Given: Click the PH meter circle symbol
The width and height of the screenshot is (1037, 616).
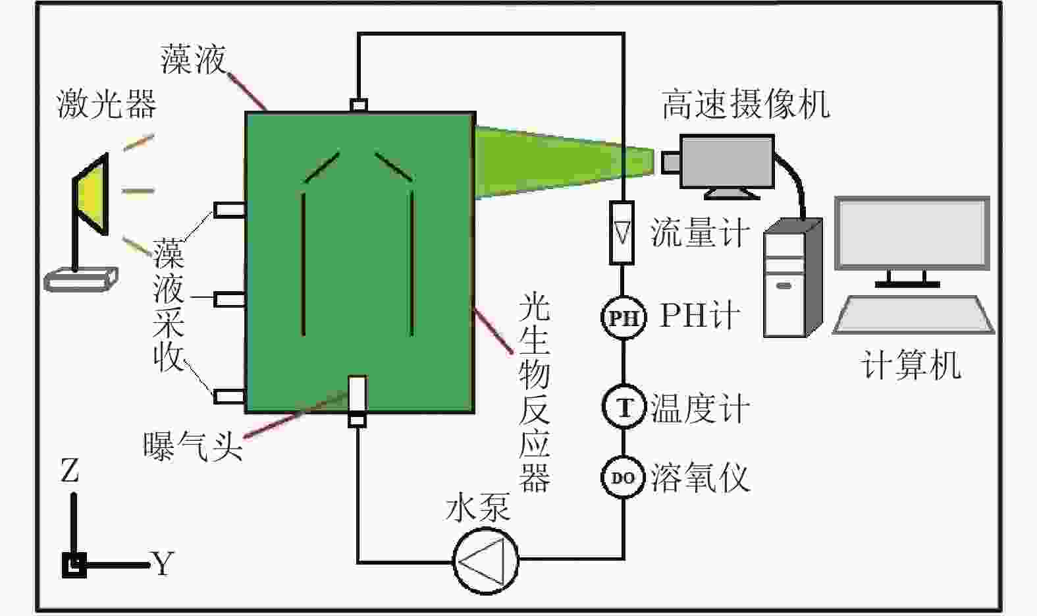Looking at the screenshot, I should (622, 318).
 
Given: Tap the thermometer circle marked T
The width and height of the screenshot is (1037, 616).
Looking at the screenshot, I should (623, 407).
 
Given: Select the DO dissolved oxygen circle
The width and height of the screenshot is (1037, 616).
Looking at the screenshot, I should (622, 478).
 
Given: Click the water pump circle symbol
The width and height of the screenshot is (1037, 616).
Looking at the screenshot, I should (486, 561).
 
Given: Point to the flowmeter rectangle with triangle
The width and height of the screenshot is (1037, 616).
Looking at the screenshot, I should (622, 233).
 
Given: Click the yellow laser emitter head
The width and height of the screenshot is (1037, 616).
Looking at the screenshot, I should (92, 194).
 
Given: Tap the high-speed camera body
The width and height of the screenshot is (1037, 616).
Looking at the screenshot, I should (726, 161).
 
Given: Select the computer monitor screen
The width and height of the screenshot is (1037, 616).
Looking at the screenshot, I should (912, 233).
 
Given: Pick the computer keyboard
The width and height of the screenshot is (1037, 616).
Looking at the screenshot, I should (914, 315).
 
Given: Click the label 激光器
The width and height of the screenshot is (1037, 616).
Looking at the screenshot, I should (107, 104).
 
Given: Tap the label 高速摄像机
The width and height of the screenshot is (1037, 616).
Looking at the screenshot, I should (745, 104).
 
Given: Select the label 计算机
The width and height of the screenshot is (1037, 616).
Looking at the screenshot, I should (911, 365).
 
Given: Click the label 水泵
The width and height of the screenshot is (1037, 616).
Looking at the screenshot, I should (478, 508).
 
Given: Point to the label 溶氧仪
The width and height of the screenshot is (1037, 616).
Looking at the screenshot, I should (700, 478).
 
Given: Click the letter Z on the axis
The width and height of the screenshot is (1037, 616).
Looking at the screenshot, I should (70, 472).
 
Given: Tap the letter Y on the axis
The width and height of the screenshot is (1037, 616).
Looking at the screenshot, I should (163, 563).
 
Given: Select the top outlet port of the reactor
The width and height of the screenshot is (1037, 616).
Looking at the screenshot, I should (359, 105).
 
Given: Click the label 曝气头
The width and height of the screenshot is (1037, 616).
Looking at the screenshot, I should (193, 446).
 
